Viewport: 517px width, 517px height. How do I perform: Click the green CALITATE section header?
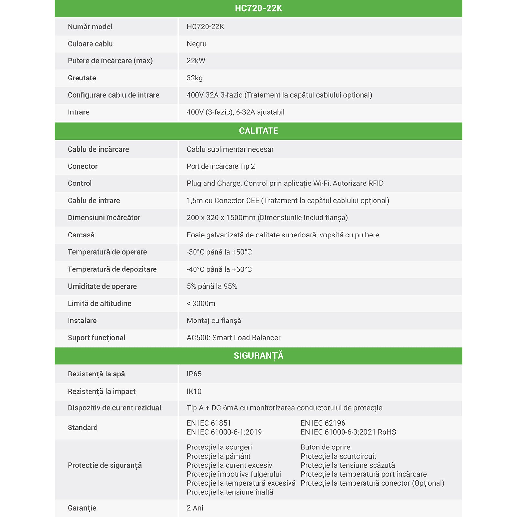pos(258,131)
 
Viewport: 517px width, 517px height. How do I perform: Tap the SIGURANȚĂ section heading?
pos(258,356)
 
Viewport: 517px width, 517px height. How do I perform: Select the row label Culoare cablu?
pos(90,44)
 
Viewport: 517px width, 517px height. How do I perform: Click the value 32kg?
pos(195,78)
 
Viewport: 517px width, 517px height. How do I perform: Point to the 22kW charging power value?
pos(196,61)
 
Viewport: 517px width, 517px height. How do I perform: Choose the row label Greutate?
pos(82,78)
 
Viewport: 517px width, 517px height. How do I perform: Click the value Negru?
pos(196,44)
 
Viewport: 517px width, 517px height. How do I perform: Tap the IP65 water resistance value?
pos(194,374)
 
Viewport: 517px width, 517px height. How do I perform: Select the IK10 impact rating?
pos(194,391)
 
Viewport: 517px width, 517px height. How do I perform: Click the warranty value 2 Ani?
pos(195,508)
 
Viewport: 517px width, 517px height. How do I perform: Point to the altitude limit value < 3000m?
pos(201,303)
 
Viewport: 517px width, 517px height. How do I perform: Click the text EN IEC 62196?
pos(322,423)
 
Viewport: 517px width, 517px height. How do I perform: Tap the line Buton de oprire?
pos(325,447)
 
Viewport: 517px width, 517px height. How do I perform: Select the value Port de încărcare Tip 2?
pos(221,166)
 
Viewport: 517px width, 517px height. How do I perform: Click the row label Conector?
pos(82,166)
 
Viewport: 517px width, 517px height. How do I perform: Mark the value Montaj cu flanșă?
pos(214,321)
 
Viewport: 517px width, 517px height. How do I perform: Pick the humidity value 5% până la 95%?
pos(212,286)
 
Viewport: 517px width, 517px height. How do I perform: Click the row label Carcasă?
pos(81,235)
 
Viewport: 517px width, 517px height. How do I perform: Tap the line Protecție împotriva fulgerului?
pos(234,474)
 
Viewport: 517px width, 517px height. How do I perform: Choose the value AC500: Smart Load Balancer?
pos(233,338)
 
